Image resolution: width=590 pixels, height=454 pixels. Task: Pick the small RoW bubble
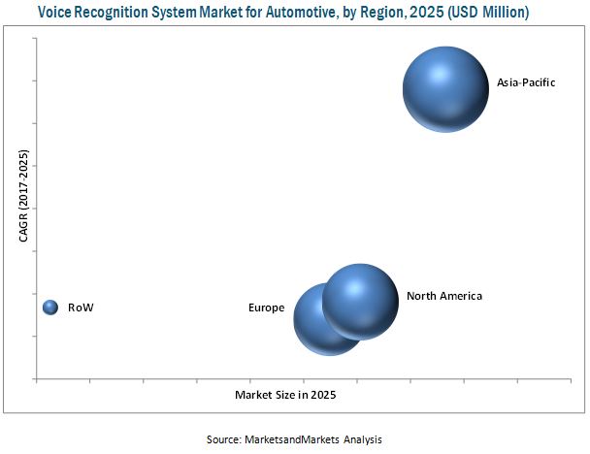(x=51, y=308)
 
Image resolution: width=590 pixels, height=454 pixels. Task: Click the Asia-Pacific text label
(x=526, y=82)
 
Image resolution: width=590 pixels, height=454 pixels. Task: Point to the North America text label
(x=443, y=296)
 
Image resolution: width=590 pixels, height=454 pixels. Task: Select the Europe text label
(x=266, y=308)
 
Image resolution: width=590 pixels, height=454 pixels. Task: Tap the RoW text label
(x=81, y=308)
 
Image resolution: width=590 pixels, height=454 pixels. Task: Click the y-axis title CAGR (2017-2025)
(x=23, y=210)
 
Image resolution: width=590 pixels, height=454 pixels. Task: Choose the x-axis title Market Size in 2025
(x=285, y=395)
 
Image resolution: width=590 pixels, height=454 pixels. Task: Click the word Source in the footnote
(x=222, y=439)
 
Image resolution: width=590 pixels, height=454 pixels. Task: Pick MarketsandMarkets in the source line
(x=293, y=439)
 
